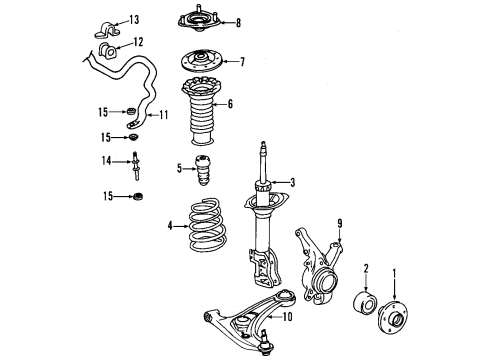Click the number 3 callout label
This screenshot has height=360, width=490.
coord(293,181)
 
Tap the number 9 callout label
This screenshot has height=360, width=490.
coord(339,249)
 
